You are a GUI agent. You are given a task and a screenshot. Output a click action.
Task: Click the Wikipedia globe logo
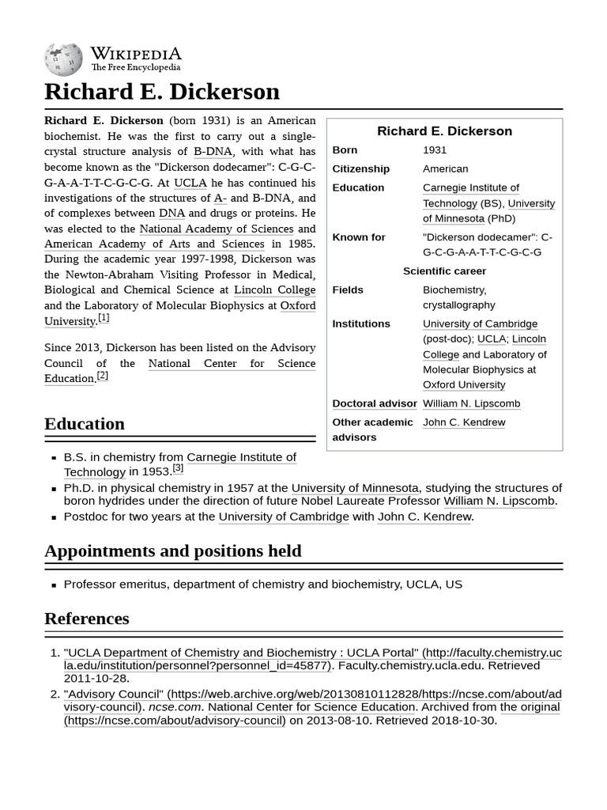coord(63,59)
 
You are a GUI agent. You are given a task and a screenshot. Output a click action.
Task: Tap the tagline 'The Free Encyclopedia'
coord(135,68)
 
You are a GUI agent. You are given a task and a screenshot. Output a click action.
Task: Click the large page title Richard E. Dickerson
coord(162,92)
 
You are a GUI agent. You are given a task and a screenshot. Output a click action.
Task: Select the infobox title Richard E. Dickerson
coord(444,131)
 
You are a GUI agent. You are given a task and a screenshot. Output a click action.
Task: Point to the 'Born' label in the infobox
coord(345,150)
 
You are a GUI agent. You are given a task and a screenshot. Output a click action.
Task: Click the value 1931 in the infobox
coord(435,150)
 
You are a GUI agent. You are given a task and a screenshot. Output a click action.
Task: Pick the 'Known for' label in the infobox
coord(359,237)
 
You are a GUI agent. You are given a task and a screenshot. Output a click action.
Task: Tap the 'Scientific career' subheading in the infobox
coord(444,271)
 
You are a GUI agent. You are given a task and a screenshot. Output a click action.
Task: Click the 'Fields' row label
coord(348,290)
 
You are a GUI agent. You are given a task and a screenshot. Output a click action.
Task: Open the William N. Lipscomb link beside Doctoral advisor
coord(471,403)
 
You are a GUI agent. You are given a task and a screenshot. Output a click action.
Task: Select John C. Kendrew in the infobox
coord(464,422)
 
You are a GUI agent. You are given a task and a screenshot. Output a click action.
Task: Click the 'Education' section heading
coord(85,424)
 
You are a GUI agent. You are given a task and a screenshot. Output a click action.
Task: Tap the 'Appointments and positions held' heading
coord(172,551)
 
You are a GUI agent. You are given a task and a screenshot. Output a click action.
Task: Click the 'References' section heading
coord(87,619)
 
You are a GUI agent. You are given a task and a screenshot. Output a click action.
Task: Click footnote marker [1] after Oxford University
coord(104,318)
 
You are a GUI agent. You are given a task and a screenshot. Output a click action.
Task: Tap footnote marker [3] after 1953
coord(178,468)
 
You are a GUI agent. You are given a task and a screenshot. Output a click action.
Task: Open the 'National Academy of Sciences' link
coord(216,229)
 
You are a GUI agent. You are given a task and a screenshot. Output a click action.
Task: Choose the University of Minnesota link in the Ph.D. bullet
coord(355,488)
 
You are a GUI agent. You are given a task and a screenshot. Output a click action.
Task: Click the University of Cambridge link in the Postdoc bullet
coord(284,517)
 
